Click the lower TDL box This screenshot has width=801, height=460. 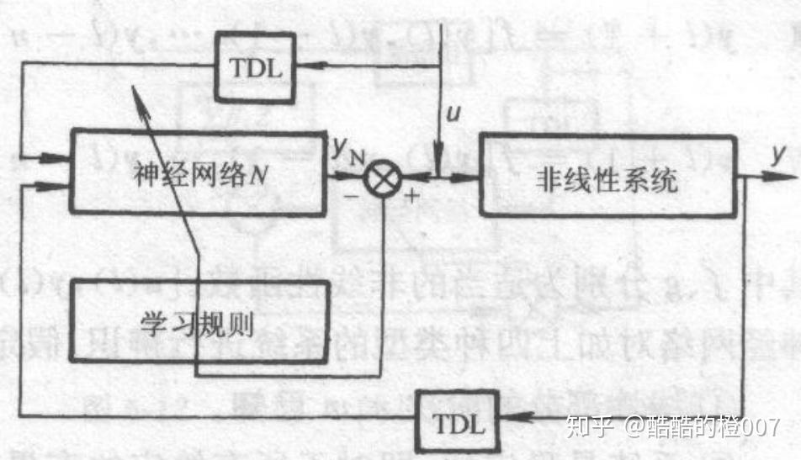(459, 423)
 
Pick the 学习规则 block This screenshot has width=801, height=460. (199, 321)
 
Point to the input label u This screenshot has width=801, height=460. (454, 116)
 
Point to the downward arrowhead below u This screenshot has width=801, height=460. (438, 160)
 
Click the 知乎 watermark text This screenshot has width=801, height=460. (587, 426)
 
